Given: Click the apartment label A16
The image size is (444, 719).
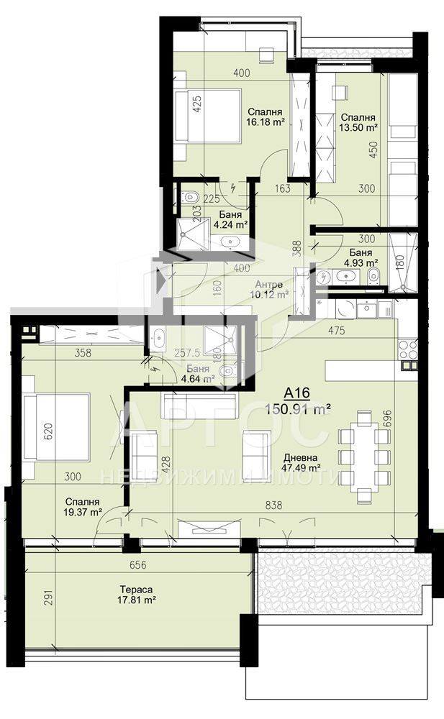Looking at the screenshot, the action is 297,393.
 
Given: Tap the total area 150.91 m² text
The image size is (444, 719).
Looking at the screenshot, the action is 299,409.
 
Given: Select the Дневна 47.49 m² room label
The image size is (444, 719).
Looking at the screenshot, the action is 302,462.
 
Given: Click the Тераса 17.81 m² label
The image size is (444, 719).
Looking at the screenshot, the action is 136,595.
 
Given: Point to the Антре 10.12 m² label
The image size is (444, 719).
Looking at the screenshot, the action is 269,289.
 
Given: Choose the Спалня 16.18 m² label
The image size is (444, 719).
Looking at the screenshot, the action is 265,117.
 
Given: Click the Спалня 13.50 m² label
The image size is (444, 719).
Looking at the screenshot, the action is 358,122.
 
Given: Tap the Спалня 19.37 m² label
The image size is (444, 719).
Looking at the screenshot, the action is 82,507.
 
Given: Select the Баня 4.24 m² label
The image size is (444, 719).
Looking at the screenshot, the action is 230,219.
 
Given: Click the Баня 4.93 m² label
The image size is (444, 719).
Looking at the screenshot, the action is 361,257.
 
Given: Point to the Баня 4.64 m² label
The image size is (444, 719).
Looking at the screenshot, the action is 198,374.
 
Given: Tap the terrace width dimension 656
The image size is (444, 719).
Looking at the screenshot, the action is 137,565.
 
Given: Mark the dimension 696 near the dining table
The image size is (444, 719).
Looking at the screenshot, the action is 387,418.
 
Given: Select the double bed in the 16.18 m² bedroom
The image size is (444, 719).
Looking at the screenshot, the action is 208,116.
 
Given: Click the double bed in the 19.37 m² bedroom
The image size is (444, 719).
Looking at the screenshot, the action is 55,426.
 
